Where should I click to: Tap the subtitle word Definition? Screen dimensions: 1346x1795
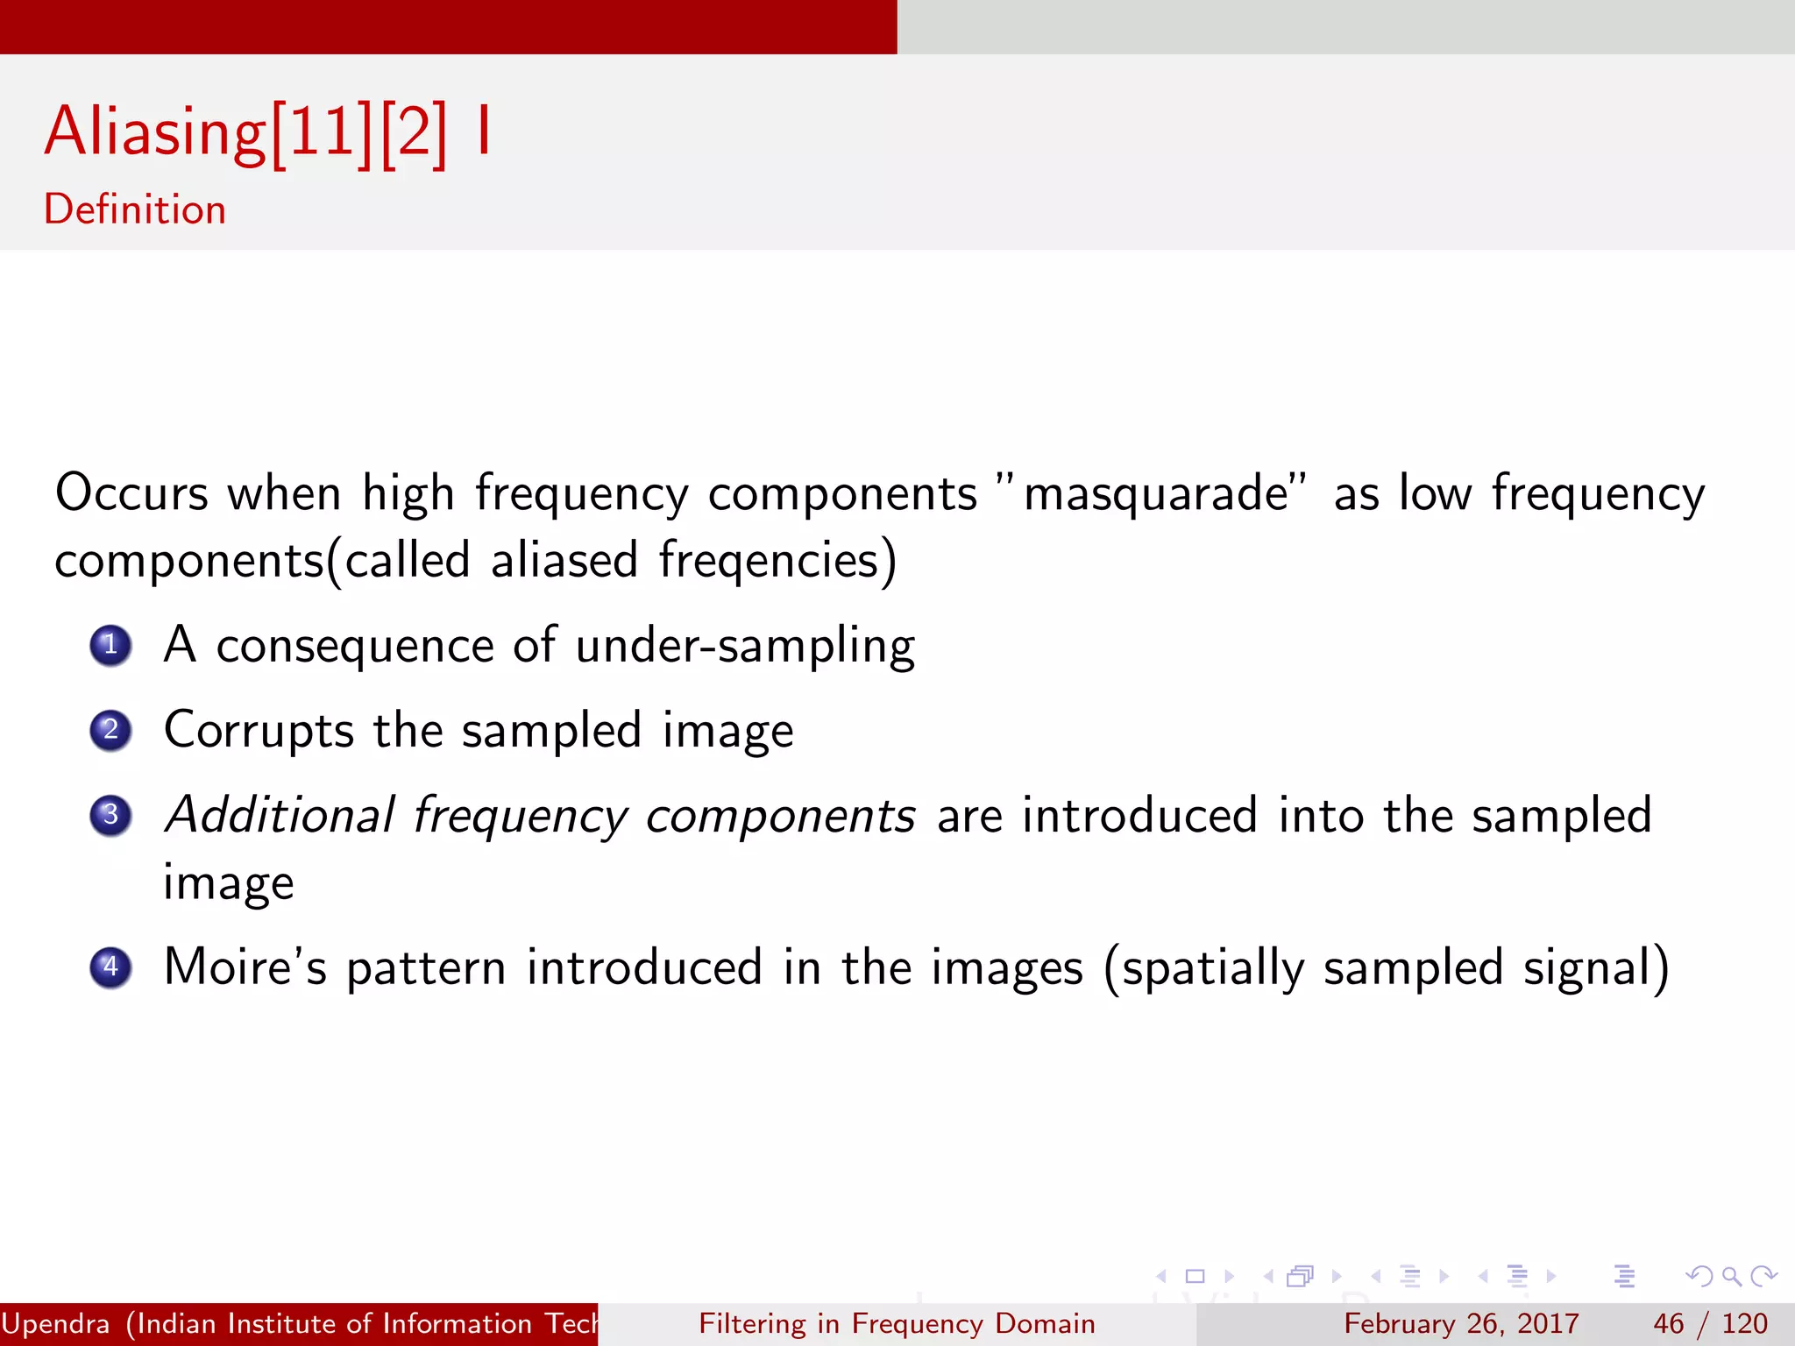135,209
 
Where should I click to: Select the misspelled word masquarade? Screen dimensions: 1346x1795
1156,493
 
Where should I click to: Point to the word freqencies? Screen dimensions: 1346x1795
769,561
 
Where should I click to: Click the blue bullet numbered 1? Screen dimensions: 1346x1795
110,646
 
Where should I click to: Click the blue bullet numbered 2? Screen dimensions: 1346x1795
110,730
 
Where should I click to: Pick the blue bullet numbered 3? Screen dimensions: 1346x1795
110,815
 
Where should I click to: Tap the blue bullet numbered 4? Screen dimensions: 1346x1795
110,967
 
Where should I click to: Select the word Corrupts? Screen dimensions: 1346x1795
259,730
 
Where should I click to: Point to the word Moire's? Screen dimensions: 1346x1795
245,967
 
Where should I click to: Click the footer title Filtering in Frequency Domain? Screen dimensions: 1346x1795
897,1323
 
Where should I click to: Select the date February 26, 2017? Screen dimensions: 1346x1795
1461,1323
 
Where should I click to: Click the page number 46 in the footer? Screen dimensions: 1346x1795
1668,1323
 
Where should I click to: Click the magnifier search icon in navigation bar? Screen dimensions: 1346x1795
1731,1277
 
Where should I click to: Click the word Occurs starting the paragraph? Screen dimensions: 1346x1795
131,493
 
